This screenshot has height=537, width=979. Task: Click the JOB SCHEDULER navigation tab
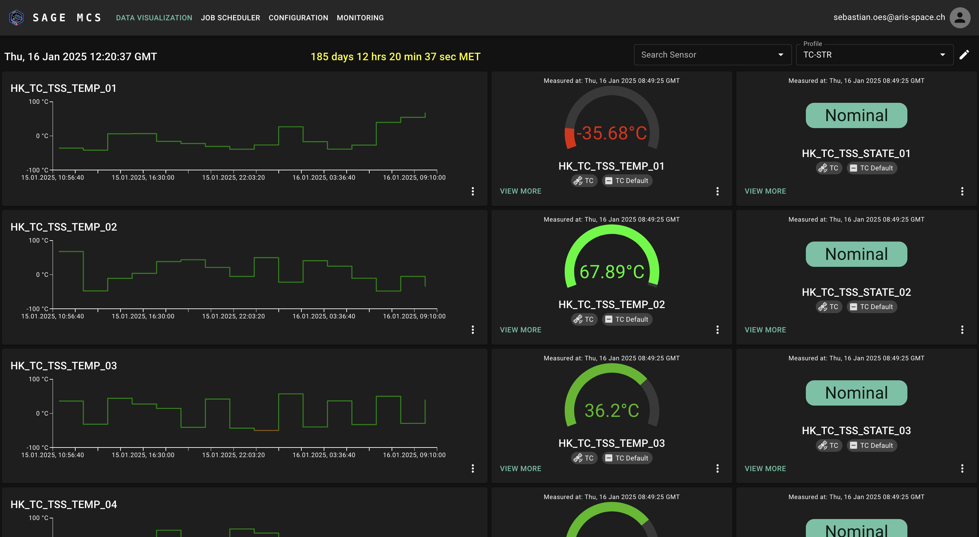230,18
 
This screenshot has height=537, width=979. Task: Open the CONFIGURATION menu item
298,18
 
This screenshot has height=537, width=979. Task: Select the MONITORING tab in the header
360,18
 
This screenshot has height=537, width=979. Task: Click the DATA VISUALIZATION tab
154,18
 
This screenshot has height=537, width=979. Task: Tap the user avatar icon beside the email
960,18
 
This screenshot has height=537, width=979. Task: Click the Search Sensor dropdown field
712,55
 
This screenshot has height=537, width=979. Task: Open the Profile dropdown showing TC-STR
874,55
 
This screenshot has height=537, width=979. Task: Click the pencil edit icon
964,55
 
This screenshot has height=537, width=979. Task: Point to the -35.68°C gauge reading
611,133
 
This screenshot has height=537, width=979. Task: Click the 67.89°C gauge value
611,271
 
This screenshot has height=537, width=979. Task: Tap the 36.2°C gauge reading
611,410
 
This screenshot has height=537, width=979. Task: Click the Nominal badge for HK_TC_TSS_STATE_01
856,115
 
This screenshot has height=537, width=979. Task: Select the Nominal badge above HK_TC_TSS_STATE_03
856,393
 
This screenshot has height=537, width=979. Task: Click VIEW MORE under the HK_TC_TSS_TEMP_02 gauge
520,330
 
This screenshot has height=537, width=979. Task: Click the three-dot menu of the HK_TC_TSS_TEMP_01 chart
473,191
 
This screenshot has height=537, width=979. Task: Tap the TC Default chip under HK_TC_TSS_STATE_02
871,306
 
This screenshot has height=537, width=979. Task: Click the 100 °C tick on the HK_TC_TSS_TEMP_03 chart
38,379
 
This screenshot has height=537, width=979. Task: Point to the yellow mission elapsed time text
395,57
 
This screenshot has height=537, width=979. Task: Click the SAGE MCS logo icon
16,18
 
